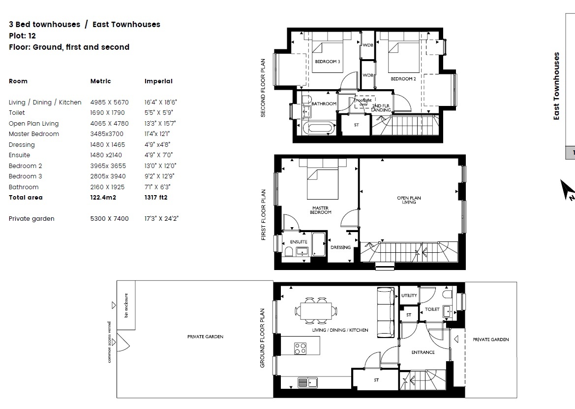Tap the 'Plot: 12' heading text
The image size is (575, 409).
tap(22, 35)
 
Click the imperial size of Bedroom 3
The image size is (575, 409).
tap(160, 176)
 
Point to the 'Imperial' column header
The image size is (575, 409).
tap(158, 81)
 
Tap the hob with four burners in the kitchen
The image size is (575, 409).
tap(301, 348)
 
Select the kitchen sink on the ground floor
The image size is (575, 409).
tap(307, 382)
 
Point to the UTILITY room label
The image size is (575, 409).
tap(409, 296)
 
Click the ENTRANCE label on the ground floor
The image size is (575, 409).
tap(423, 352)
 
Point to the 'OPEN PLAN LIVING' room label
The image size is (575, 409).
tap(409, 200)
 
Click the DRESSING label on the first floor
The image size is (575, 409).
tap(340, 247)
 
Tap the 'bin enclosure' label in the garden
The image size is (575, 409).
tap(126, 305)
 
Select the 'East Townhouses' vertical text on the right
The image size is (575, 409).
tap(557, 86)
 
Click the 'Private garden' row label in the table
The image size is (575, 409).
tap(31, 219)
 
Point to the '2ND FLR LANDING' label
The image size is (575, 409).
tap(381, 108)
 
